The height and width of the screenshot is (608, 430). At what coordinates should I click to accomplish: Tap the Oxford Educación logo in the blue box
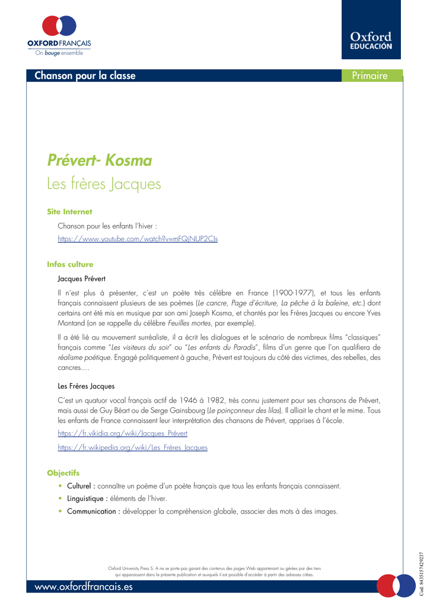point(371,41)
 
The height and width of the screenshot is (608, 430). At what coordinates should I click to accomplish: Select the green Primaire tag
point(369,75)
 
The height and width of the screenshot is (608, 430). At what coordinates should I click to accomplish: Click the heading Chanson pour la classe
point(85,75)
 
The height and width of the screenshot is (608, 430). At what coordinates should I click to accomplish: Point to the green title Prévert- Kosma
point(99,160)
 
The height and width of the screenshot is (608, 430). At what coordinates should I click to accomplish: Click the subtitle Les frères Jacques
point(104,184)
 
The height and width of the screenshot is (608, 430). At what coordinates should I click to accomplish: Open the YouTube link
point(138,238)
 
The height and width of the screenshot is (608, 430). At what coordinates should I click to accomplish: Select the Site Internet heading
point(69,211)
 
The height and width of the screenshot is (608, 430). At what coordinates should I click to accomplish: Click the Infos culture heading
point(70,264)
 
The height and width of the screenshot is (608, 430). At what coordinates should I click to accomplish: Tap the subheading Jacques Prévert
point(81,278)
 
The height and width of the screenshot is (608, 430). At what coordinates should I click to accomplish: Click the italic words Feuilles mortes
point(189,323)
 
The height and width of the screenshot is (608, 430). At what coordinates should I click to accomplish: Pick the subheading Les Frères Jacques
point(86,386)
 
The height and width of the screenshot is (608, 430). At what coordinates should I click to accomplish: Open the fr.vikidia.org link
point(122,433)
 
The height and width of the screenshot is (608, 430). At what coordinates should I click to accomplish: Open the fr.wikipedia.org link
point(132,447)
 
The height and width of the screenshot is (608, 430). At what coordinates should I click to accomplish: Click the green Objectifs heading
point(63,473)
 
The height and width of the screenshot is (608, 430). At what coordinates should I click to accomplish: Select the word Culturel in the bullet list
point(81,486)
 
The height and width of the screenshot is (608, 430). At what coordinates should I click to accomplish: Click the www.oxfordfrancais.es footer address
point(84,587)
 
